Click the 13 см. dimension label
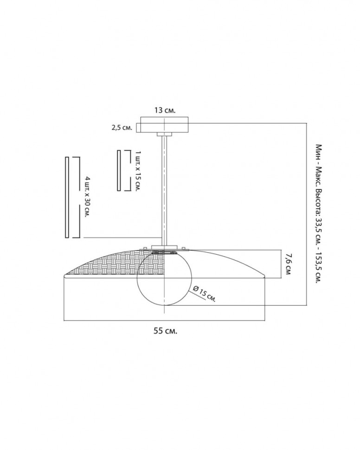165,110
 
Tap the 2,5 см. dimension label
122,128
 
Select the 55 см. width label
165,331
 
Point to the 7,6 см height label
288,264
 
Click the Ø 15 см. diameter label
204,293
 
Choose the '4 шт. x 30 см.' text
88,197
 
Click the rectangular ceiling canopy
164,124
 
